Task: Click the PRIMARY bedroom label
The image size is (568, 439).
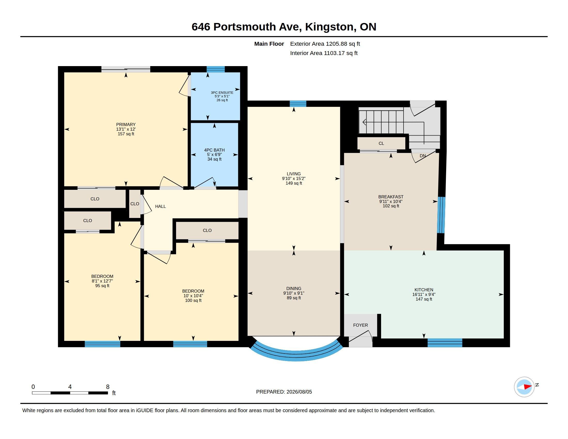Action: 126,124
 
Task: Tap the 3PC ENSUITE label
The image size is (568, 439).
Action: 222,93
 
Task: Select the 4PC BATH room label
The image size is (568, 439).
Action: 214,150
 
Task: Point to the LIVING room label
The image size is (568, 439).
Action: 294,174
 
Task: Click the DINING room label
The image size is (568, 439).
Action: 294,288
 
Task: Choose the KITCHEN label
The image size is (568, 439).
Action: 424,290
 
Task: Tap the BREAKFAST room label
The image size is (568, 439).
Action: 391,197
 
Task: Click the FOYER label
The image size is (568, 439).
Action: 360,325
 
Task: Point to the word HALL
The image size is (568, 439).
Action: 161,206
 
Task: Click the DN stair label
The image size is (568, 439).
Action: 423,156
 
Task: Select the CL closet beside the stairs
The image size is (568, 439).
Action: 381,143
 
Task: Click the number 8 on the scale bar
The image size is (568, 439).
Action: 108,387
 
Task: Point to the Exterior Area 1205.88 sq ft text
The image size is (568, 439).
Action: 325,44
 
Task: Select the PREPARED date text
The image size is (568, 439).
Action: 284,392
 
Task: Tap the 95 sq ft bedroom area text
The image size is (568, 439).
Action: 102,286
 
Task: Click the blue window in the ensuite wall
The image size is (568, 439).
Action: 216,69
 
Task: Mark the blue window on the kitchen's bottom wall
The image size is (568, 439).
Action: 445,342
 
